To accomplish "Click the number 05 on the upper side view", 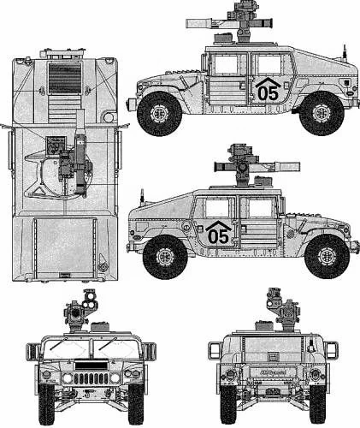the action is click(268, 93).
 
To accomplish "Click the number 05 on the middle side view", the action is click(219, 236).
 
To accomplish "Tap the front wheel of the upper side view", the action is click(159, 114).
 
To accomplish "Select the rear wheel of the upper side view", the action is click(322, 113).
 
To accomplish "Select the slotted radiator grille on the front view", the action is click(91, 378).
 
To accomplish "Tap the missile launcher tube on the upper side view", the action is click(229, 23).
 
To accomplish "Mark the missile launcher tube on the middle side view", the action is click(257, 166).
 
